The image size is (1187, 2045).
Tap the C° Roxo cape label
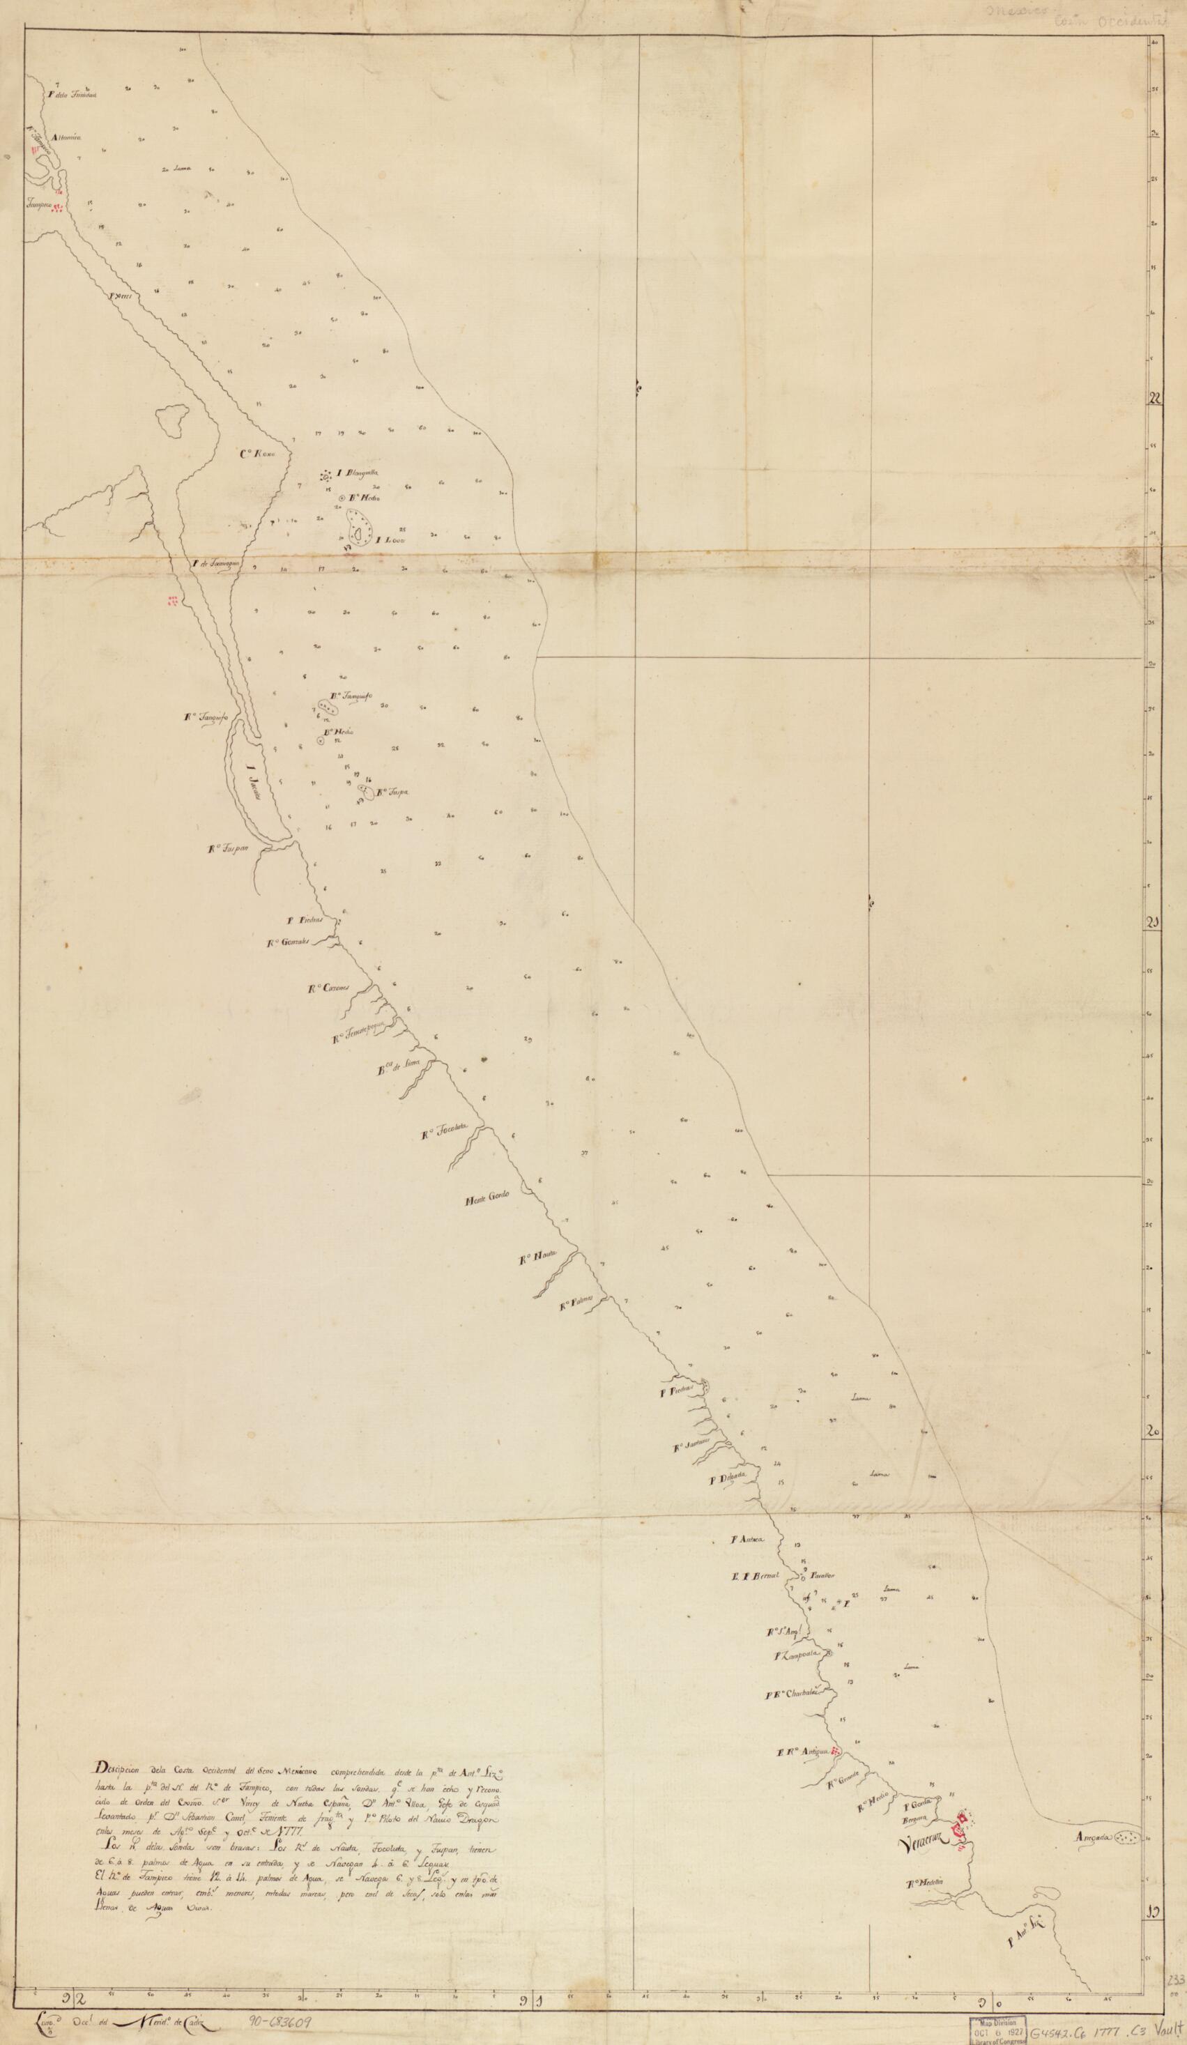258,454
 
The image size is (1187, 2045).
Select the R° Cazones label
328,988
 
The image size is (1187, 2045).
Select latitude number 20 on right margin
1152,1432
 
